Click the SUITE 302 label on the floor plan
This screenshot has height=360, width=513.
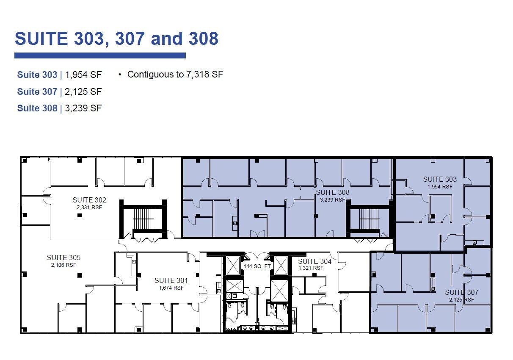click(x=89, y=200)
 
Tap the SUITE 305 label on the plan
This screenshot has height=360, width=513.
click(x=63, y=258)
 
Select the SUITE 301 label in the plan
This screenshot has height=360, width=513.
click(x=171, y=280)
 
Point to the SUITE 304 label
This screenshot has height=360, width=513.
click(x=314, y=261)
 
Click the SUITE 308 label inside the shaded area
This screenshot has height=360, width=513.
click(x=333, y=192)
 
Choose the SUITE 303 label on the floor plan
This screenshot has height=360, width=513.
click(x=440, y=179)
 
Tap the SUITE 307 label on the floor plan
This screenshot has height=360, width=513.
click(x=461, y=292)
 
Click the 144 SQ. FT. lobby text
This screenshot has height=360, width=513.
click(x=257, y=266)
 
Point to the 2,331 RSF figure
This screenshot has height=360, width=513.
click(x=89, y=208)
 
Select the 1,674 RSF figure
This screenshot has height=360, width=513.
click(x=171, y=288)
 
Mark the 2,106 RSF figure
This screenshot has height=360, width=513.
click(x=63, y=265)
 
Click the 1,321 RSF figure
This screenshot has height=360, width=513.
click(x=311, y=268)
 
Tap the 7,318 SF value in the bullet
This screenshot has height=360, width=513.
click(x=204, y=75)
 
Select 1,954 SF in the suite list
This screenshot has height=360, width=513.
click(x=83, y=75)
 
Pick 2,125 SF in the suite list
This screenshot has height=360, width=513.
click(x=83, y=91)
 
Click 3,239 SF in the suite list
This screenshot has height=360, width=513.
click(x=83, y=108)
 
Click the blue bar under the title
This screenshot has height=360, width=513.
click(x=100, y=55)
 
